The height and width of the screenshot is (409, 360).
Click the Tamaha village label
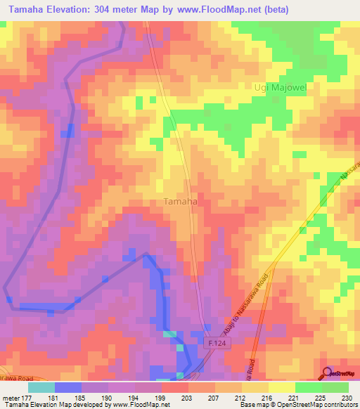180,202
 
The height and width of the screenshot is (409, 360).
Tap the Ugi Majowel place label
279,87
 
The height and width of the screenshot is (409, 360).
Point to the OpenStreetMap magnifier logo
328,373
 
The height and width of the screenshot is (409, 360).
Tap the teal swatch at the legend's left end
41,387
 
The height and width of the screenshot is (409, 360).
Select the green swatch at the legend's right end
335,387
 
